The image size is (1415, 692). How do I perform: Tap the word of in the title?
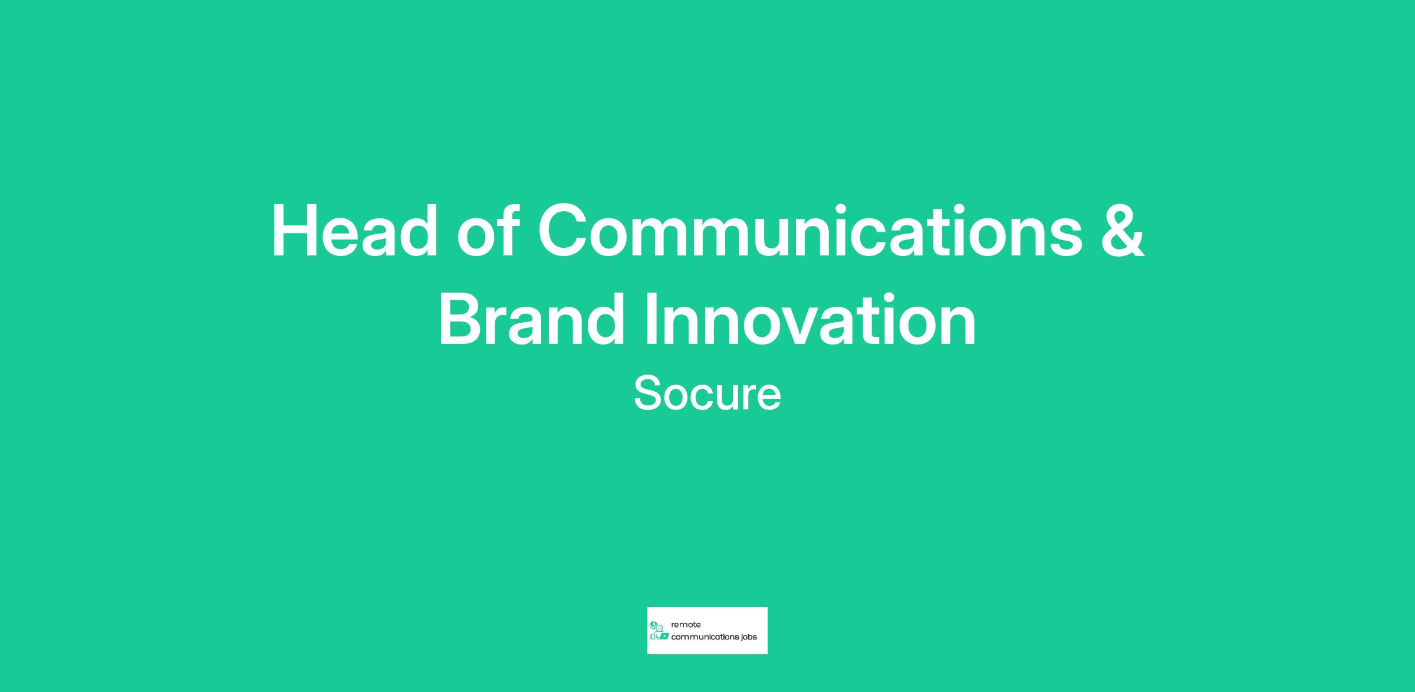pyautogui.click(x=488, y=230)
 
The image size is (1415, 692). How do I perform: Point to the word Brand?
pyautogui.click(x=531, y=319)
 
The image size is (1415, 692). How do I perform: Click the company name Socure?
pyautogui.click(x=707, y=393)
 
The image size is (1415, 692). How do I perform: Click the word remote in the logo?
pyautogui.click(x=686, y=625)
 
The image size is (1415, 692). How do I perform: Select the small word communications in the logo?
pyautogui.click(x=705, y=637)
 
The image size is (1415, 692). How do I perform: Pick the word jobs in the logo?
pyautogui.click(x=749, y=638)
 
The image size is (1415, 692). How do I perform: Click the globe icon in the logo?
pyautogui.click(x=653, y=625)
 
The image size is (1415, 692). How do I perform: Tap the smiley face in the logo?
pyautogui.click(x=660, y=628)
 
